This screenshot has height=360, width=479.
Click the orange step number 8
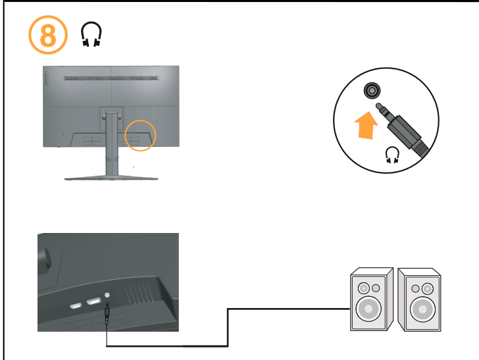[47, 36]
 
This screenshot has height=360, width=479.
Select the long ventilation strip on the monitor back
[111, 78]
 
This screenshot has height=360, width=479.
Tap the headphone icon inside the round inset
[393, 155]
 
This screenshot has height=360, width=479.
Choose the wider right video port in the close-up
[93, 302]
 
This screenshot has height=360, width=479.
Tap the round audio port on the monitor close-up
[107, 297]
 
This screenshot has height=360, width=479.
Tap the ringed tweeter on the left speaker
[364, 288]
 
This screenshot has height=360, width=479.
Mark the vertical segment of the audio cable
[228, 326]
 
